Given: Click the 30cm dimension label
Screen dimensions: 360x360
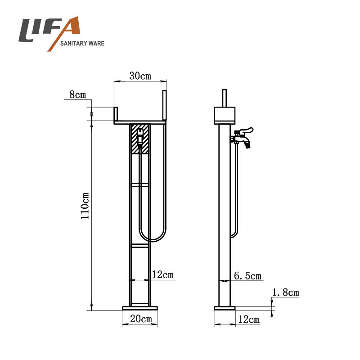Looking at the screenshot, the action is (140, 76).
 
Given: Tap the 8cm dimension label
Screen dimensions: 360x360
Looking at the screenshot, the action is (77, 94).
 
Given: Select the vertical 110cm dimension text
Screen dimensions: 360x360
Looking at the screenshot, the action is (85, 206).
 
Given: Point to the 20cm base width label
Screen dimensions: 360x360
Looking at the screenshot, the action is (141, 319).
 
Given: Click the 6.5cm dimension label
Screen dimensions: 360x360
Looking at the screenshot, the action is (248, 276).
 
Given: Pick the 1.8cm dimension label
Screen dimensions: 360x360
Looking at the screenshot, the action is (286, 292).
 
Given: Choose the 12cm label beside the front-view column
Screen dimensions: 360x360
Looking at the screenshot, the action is (163, 274).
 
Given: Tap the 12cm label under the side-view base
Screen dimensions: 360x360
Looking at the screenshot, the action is (249, 319).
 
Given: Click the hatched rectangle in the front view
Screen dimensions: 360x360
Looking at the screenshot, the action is (139, 139).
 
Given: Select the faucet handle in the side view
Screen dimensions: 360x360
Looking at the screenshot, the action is (246, 131).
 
